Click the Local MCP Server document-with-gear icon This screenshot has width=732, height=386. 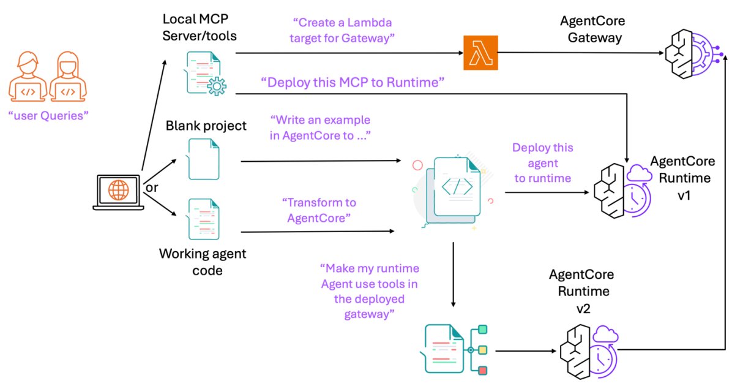point(204,73)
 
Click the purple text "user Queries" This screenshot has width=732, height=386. point(48,115)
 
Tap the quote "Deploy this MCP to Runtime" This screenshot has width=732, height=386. point(352,83)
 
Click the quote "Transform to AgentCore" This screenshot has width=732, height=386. point(319,210)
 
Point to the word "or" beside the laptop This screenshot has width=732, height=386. point(152,187)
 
